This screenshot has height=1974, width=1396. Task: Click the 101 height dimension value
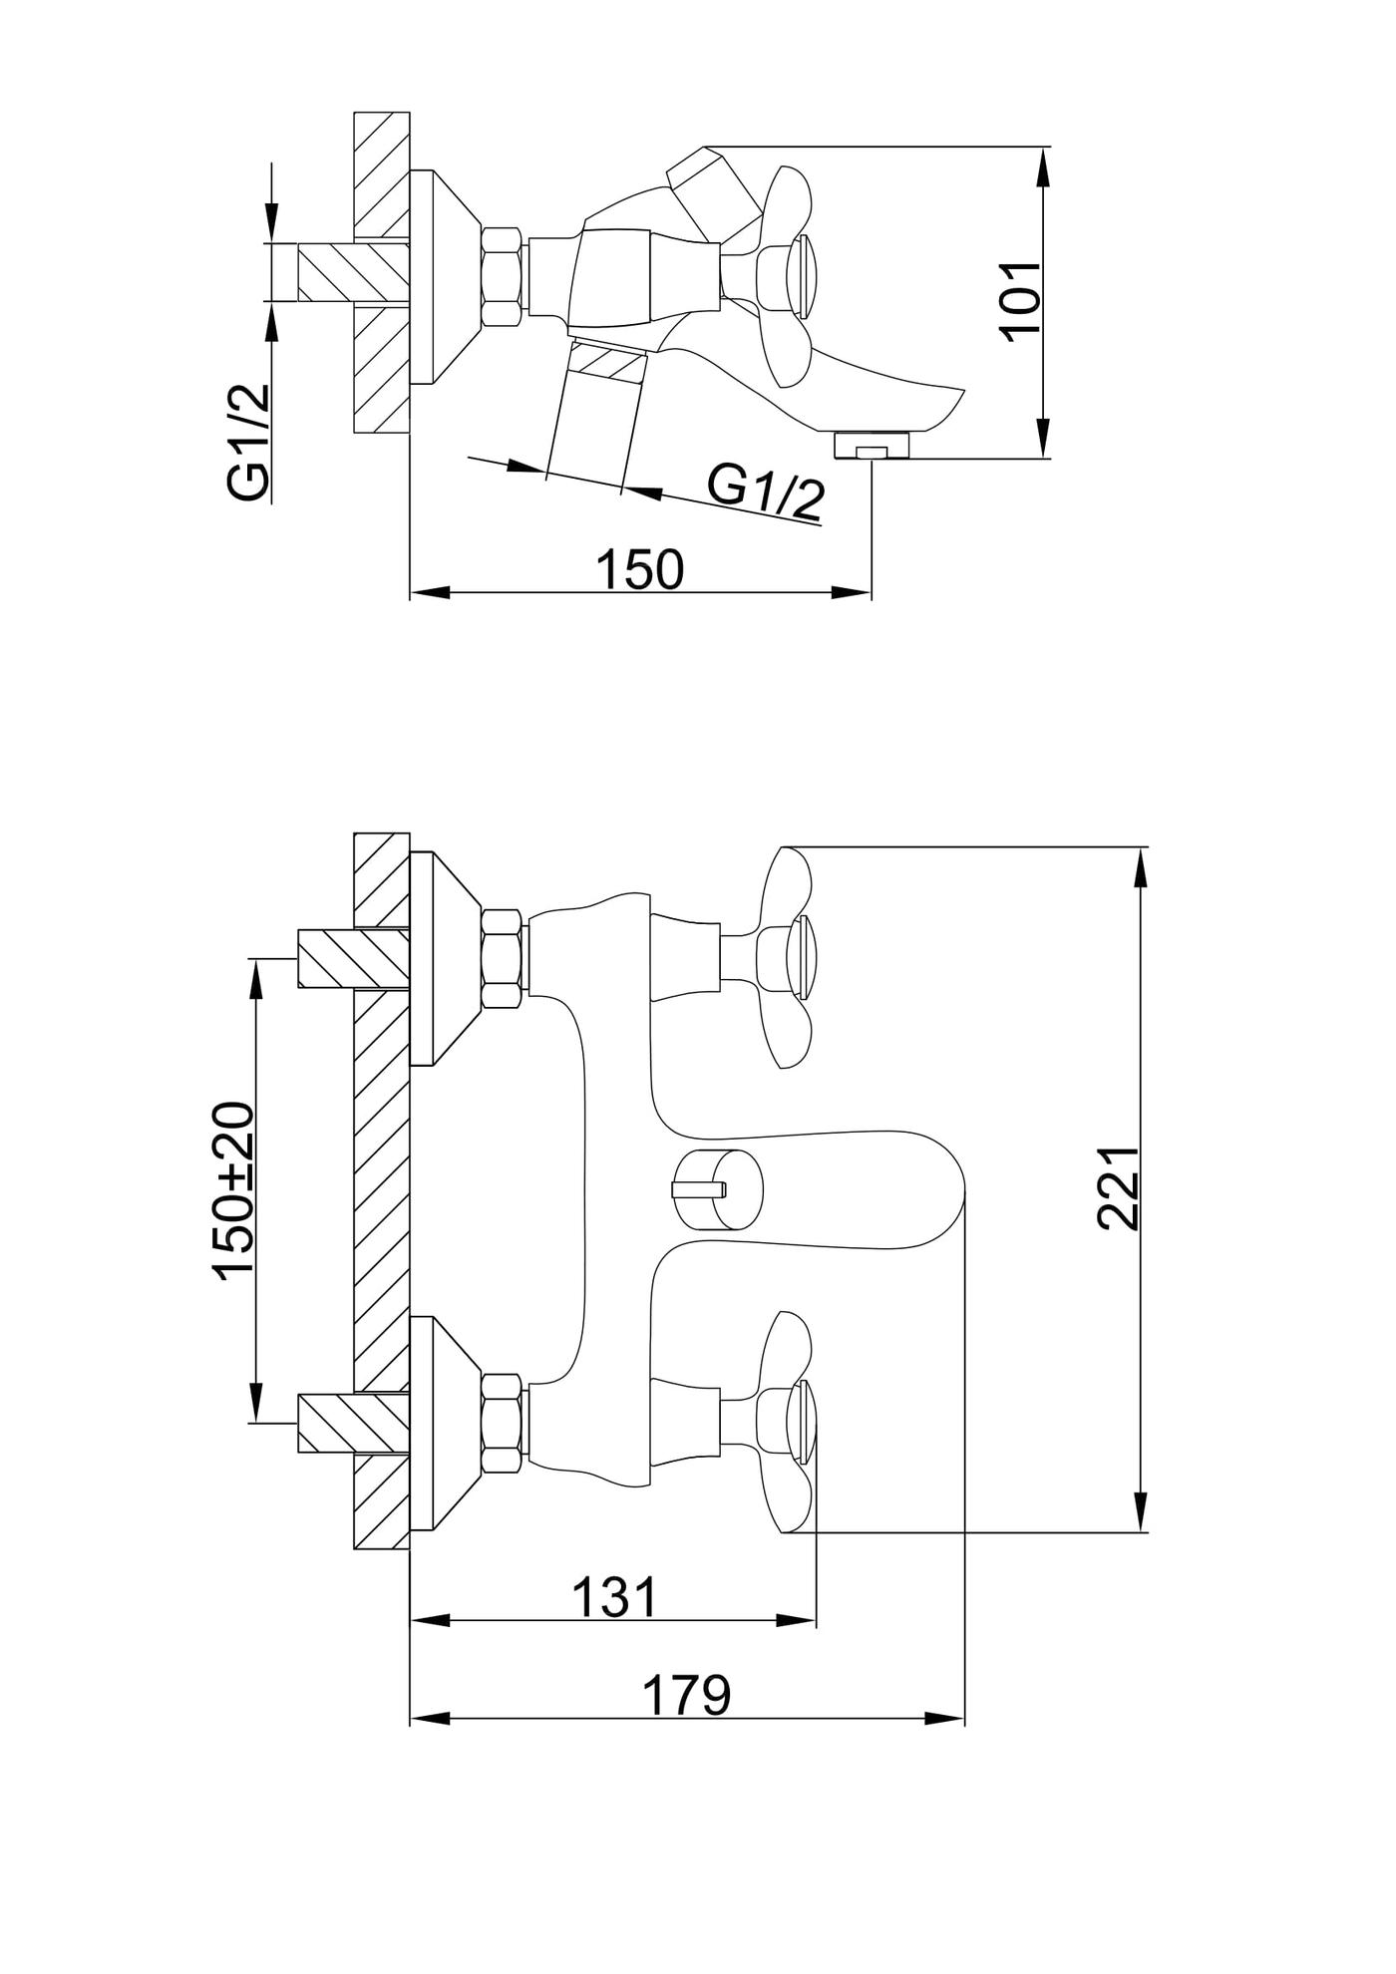1021,302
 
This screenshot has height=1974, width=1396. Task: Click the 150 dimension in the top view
639,569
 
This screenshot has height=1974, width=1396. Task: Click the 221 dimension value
1118,1187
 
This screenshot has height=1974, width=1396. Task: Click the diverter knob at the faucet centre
718,1188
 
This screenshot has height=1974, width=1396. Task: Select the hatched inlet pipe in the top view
353,272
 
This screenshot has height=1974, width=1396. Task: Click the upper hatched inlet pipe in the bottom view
353,959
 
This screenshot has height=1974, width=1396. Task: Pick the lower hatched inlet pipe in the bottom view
353,1423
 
